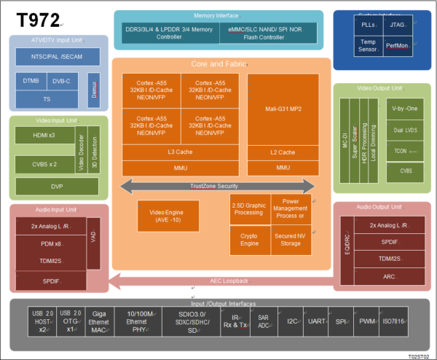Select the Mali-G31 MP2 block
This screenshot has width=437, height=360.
(x=283, y=109)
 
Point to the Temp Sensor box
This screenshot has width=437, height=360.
(x=368, y=46)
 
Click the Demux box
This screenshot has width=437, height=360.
(x=93, y=88)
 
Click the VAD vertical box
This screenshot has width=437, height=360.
(x=92, y=238)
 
